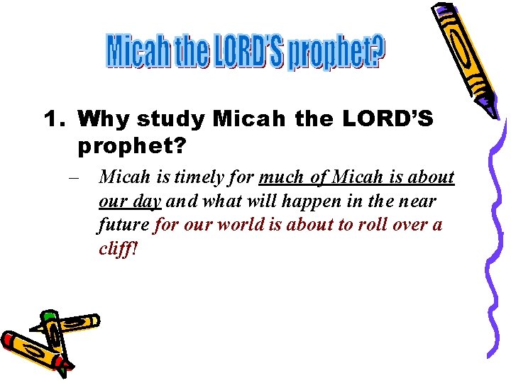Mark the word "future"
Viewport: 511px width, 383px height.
[x=123, y=226]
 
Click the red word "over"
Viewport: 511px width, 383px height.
[x=414, y=226]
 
